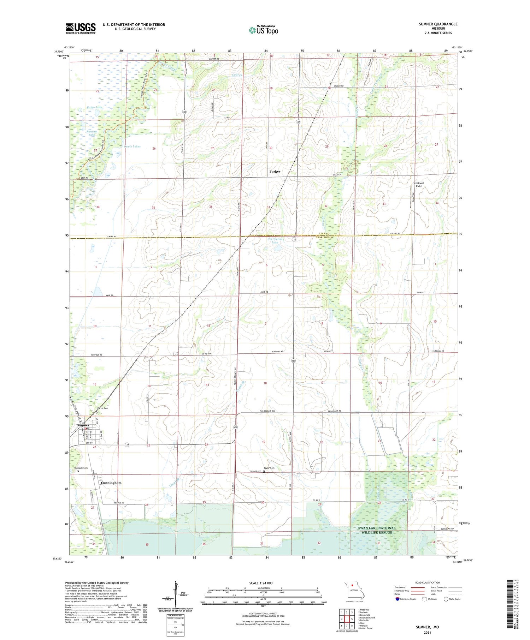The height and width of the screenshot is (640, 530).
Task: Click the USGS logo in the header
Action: pyautogui.click(x=81, y=28)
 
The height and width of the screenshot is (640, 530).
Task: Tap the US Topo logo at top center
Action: pyautogui.click(x=263, y=30)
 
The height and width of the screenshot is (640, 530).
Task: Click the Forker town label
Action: pyautogui.click(x=275, y=172)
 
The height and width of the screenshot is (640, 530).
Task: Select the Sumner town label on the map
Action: pyautogui.click(x=83, y=425)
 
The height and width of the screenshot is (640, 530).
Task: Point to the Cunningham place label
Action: pyautogui.click(x=111, y=483)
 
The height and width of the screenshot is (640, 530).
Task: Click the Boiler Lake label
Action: pyautogui.click(x=94, y=107)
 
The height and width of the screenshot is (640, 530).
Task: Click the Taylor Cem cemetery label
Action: pyautogui.click(x=269, y=468)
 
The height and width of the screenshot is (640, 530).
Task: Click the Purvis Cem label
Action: pyautogui.click(x=103, y=408)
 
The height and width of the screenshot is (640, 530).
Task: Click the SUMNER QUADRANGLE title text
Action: pyautogui.click(x=438, y=24)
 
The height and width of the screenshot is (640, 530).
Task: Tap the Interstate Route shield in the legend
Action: pyautogui.click(x=397, y=599)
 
